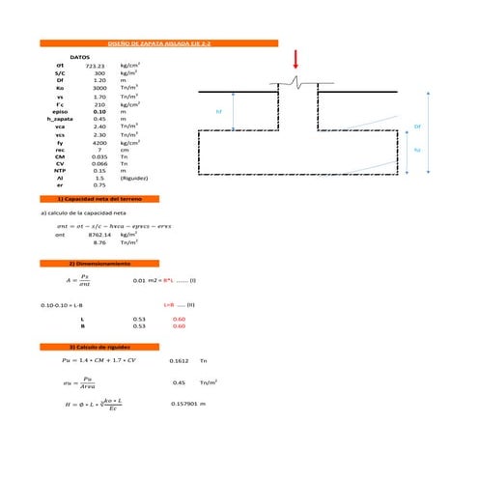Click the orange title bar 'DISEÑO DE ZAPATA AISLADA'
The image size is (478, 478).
coord(159,43)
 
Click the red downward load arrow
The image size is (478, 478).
coord(296,60)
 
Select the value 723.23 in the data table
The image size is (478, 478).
coord(95,65)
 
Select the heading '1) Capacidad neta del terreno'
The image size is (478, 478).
coord(93,197)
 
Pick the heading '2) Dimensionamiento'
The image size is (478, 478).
coord(93,264)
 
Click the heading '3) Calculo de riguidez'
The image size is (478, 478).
coord(93,346)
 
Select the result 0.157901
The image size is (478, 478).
coord(183,405)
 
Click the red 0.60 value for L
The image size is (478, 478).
coord(178,318)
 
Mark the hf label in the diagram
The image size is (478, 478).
coord(218,112)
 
